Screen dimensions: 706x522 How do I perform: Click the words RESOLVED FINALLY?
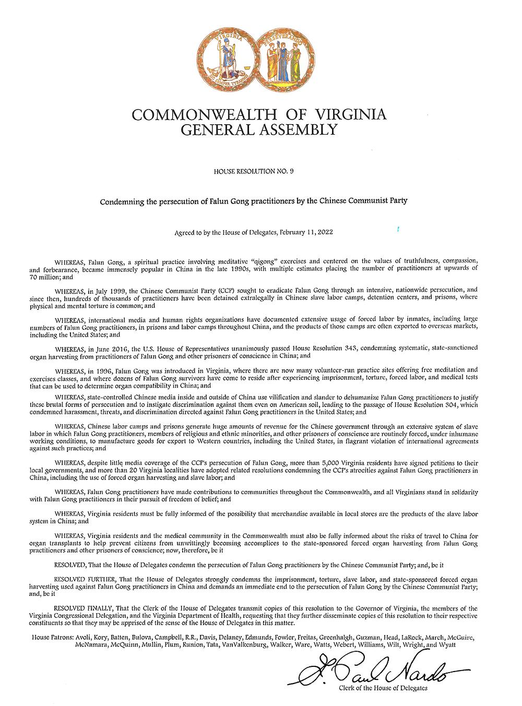[82, 608]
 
